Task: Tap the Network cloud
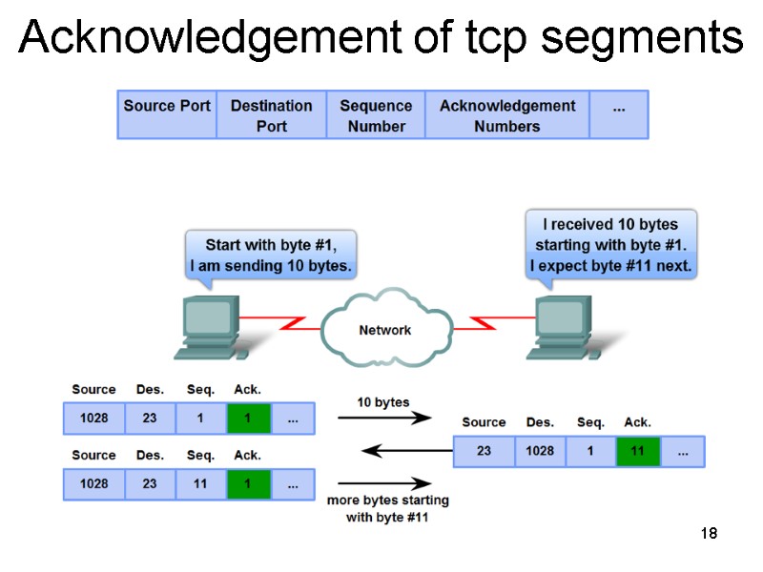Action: coord(384,331)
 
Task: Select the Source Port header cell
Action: coord(167,114)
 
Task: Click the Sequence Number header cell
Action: coord(376,115)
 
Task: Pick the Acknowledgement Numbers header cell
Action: coord(506,115)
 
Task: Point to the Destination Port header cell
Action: coord(271,115)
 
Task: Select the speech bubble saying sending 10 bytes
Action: coord(271,254)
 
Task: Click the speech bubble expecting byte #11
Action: coord(610,245)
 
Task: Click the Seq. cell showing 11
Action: coord(200,484)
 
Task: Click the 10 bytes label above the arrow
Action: coord(383,402)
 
